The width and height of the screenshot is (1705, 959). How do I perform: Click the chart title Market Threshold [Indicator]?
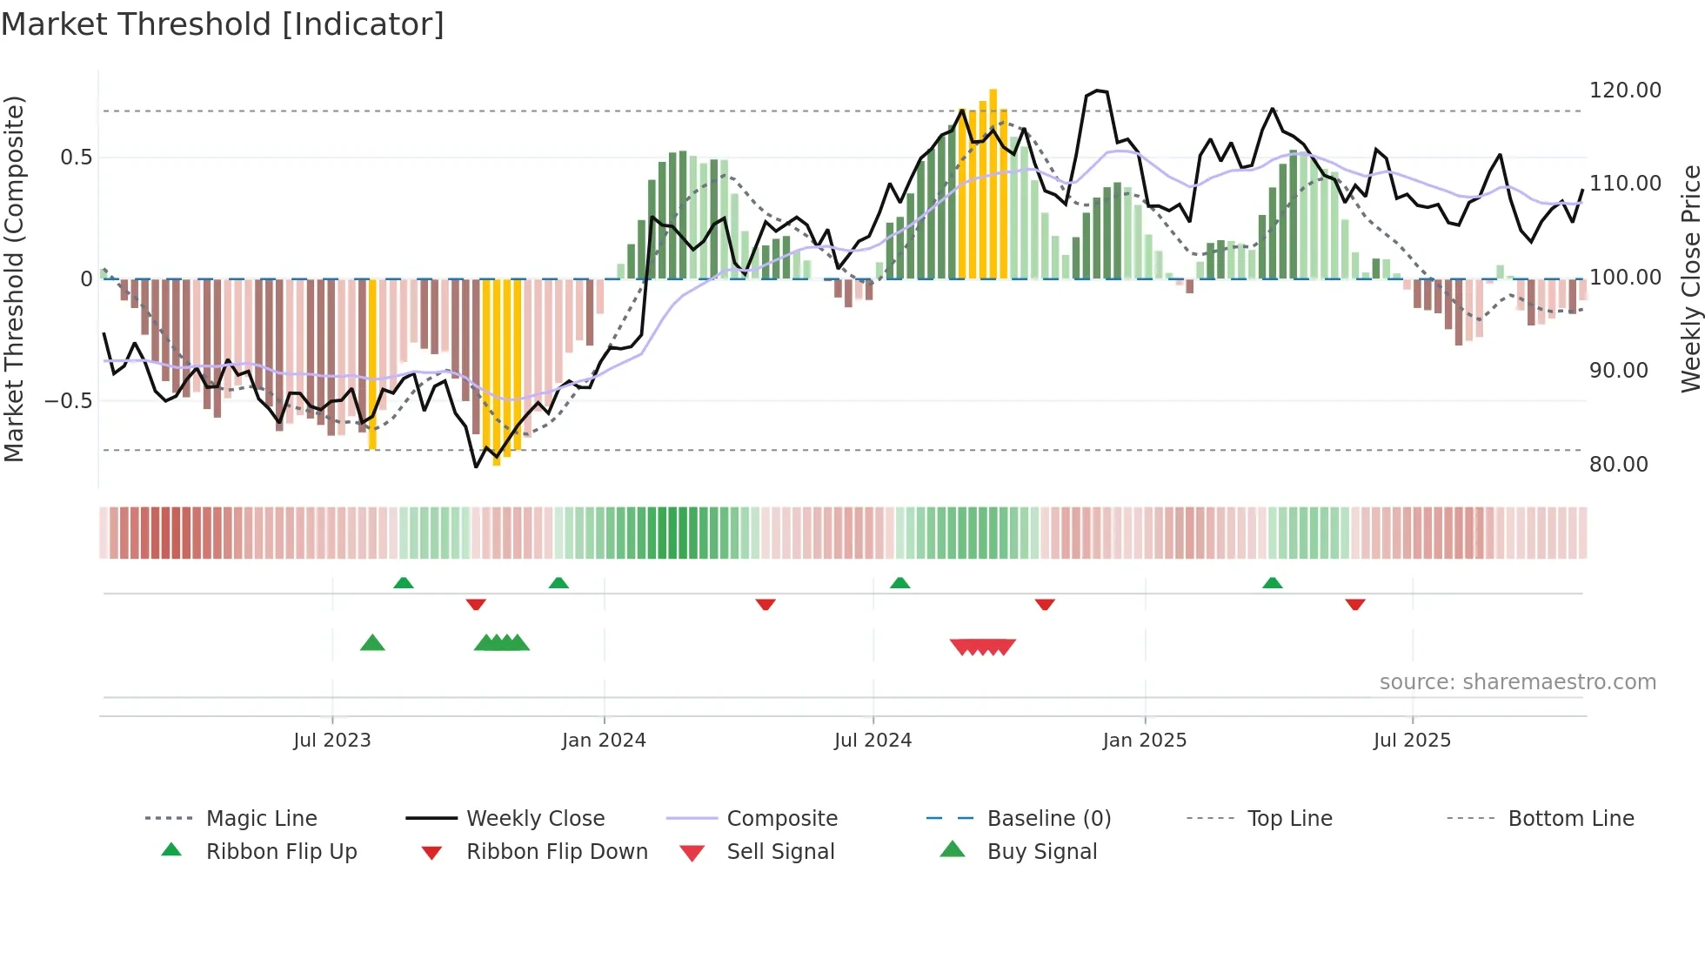point(223,24)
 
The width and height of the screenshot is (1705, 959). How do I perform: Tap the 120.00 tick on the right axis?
point(1624,91)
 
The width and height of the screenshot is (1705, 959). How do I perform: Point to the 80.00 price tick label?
point(1618,465)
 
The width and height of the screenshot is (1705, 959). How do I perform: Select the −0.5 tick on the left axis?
point(68,401)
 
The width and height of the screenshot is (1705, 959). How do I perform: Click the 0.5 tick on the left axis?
point(76,158)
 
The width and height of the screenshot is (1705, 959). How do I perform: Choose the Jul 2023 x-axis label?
point(331,741)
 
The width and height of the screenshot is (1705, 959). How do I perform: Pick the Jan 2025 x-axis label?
point(1144,741)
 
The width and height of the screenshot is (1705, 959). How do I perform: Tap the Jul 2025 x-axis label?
point(1412,741)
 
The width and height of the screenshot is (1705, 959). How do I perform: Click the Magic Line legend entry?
point(261,819)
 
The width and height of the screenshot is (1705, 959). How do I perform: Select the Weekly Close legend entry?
point(535,819)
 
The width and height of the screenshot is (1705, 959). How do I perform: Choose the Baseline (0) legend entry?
point(1048,819)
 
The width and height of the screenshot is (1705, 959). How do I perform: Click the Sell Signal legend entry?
point(779,852)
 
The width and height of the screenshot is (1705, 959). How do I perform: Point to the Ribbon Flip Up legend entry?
point(281,852)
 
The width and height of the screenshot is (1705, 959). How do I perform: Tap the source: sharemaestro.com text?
point(1517,682)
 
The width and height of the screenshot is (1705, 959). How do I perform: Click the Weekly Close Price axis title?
point(1689,278)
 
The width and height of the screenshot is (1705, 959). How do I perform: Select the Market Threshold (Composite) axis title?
point(14,278)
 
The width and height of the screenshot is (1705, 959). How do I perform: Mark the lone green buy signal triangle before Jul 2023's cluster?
point(372,643)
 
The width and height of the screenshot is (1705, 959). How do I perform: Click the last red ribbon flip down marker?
point(1354,604)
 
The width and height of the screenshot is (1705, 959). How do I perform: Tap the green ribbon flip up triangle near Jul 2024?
point(899,582)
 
